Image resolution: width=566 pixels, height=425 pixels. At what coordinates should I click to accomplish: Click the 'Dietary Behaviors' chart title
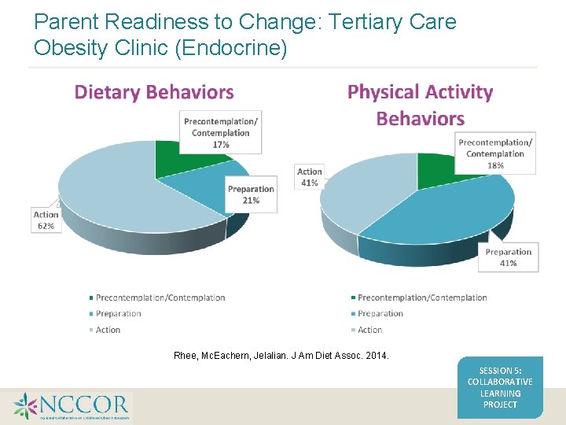tap(154, 92)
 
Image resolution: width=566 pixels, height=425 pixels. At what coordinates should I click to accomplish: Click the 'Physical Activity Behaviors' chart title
tap(420, 105)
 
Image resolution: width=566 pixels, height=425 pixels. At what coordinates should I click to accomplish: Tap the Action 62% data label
tap(45, 220)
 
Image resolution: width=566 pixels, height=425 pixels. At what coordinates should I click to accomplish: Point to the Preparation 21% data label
tap(251, 194)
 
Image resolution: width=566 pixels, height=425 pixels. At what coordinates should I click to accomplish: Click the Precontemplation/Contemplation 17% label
tap(221, 132)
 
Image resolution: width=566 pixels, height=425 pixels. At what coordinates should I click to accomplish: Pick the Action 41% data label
tap(309, 177)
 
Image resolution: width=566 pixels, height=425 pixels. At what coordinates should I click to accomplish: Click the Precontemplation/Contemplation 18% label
tap(495, 153)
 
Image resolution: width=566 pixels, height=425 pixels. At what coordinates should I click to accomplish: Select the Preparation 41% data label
tap(508, 257)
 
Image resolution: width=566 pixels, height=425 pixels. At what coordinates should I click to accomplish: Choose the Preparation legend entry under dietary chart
tap(118, 313)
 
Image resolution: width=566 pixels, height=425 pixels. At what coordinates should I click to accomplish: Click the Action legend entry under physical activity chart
tap(369, 330)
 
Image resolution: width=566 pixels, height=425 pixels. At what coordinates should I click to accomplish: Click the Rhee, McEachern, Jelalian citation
tap(281, 357)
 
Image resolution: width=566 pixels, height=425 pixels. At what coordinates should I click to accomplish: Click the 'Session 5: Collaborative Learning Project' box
tap(500, 387)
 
